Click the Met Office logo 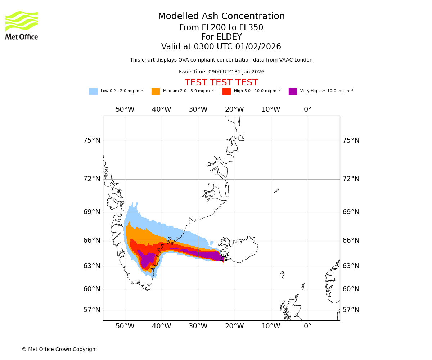(x=22, y=25)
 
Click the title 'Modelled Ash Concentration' (x=221, y=17)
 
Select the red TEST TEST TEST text (x=221, y=82)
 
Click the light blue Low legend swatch (x=93, y=91)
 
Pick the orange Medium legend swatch (x=156, y=91)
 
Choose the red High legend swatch (x=226, y=91)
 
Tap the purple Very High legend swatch (x=293, y=91)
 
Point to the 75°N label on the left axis (x=92, y=140)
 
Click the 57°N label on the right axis (x=351, y=310)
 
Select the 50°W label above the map (x=125, y=109)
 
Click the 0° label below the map (x=307, y=326)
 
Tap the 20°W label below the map (x=234, y=326)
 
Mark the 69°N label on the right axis (x=351, y=212)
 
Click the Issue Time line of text (x=221, y=72)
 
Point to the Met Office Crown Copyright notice (x=59, y=350)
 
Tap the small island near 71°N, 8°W (x=276, y=190)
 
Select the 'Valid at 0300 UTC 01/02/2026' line (x=221, y=47)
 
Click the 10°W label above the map (x=271, y=109)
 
